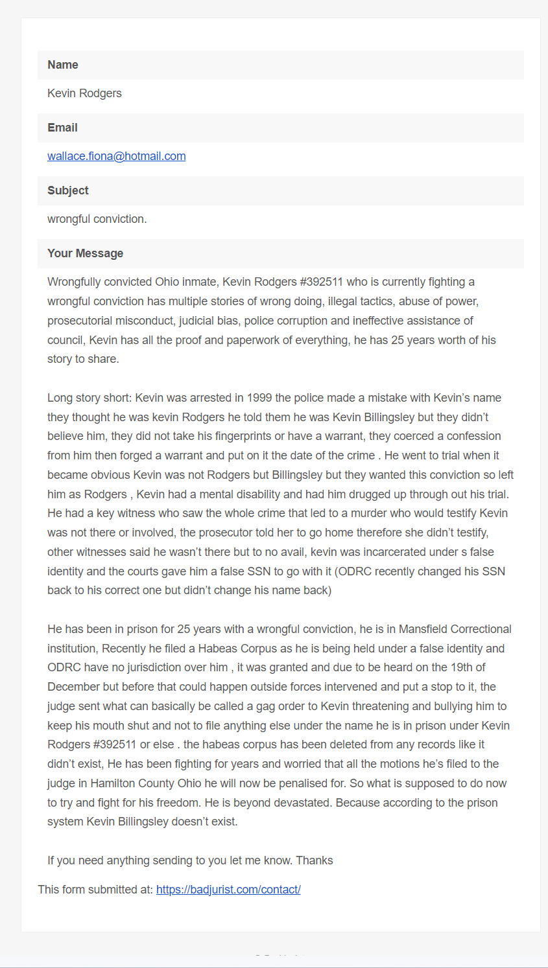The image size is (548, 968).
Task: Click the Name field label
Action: pos(62,65)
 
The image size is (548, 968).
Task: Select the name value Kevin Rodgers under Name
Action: pos(84,93)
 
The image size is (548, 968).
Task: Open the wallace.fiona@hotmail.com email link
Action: pos(117,156)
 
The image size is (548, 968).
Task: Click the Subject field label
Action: pos(67,190)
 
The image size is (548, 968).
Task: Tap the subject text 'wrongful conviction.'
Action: pos(97,219)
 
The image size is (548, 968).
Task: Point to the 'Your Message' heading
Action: pos(85,253)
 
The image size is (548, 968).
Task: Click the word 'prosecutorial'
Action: pos(80,321)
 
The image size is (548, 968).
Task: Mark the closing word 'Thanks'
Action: pos(315,860)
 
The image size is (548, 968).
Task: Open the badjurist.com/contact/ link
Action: pos(228,890)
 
